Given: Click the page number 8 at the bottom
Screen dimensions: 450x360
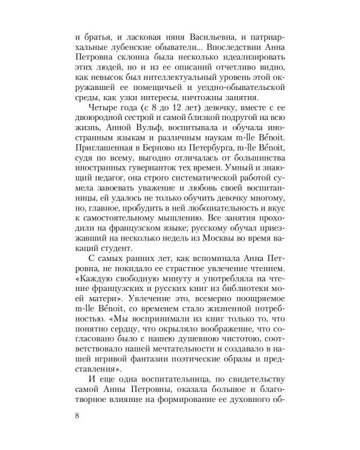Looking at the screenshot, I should (x=74, y=415).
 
